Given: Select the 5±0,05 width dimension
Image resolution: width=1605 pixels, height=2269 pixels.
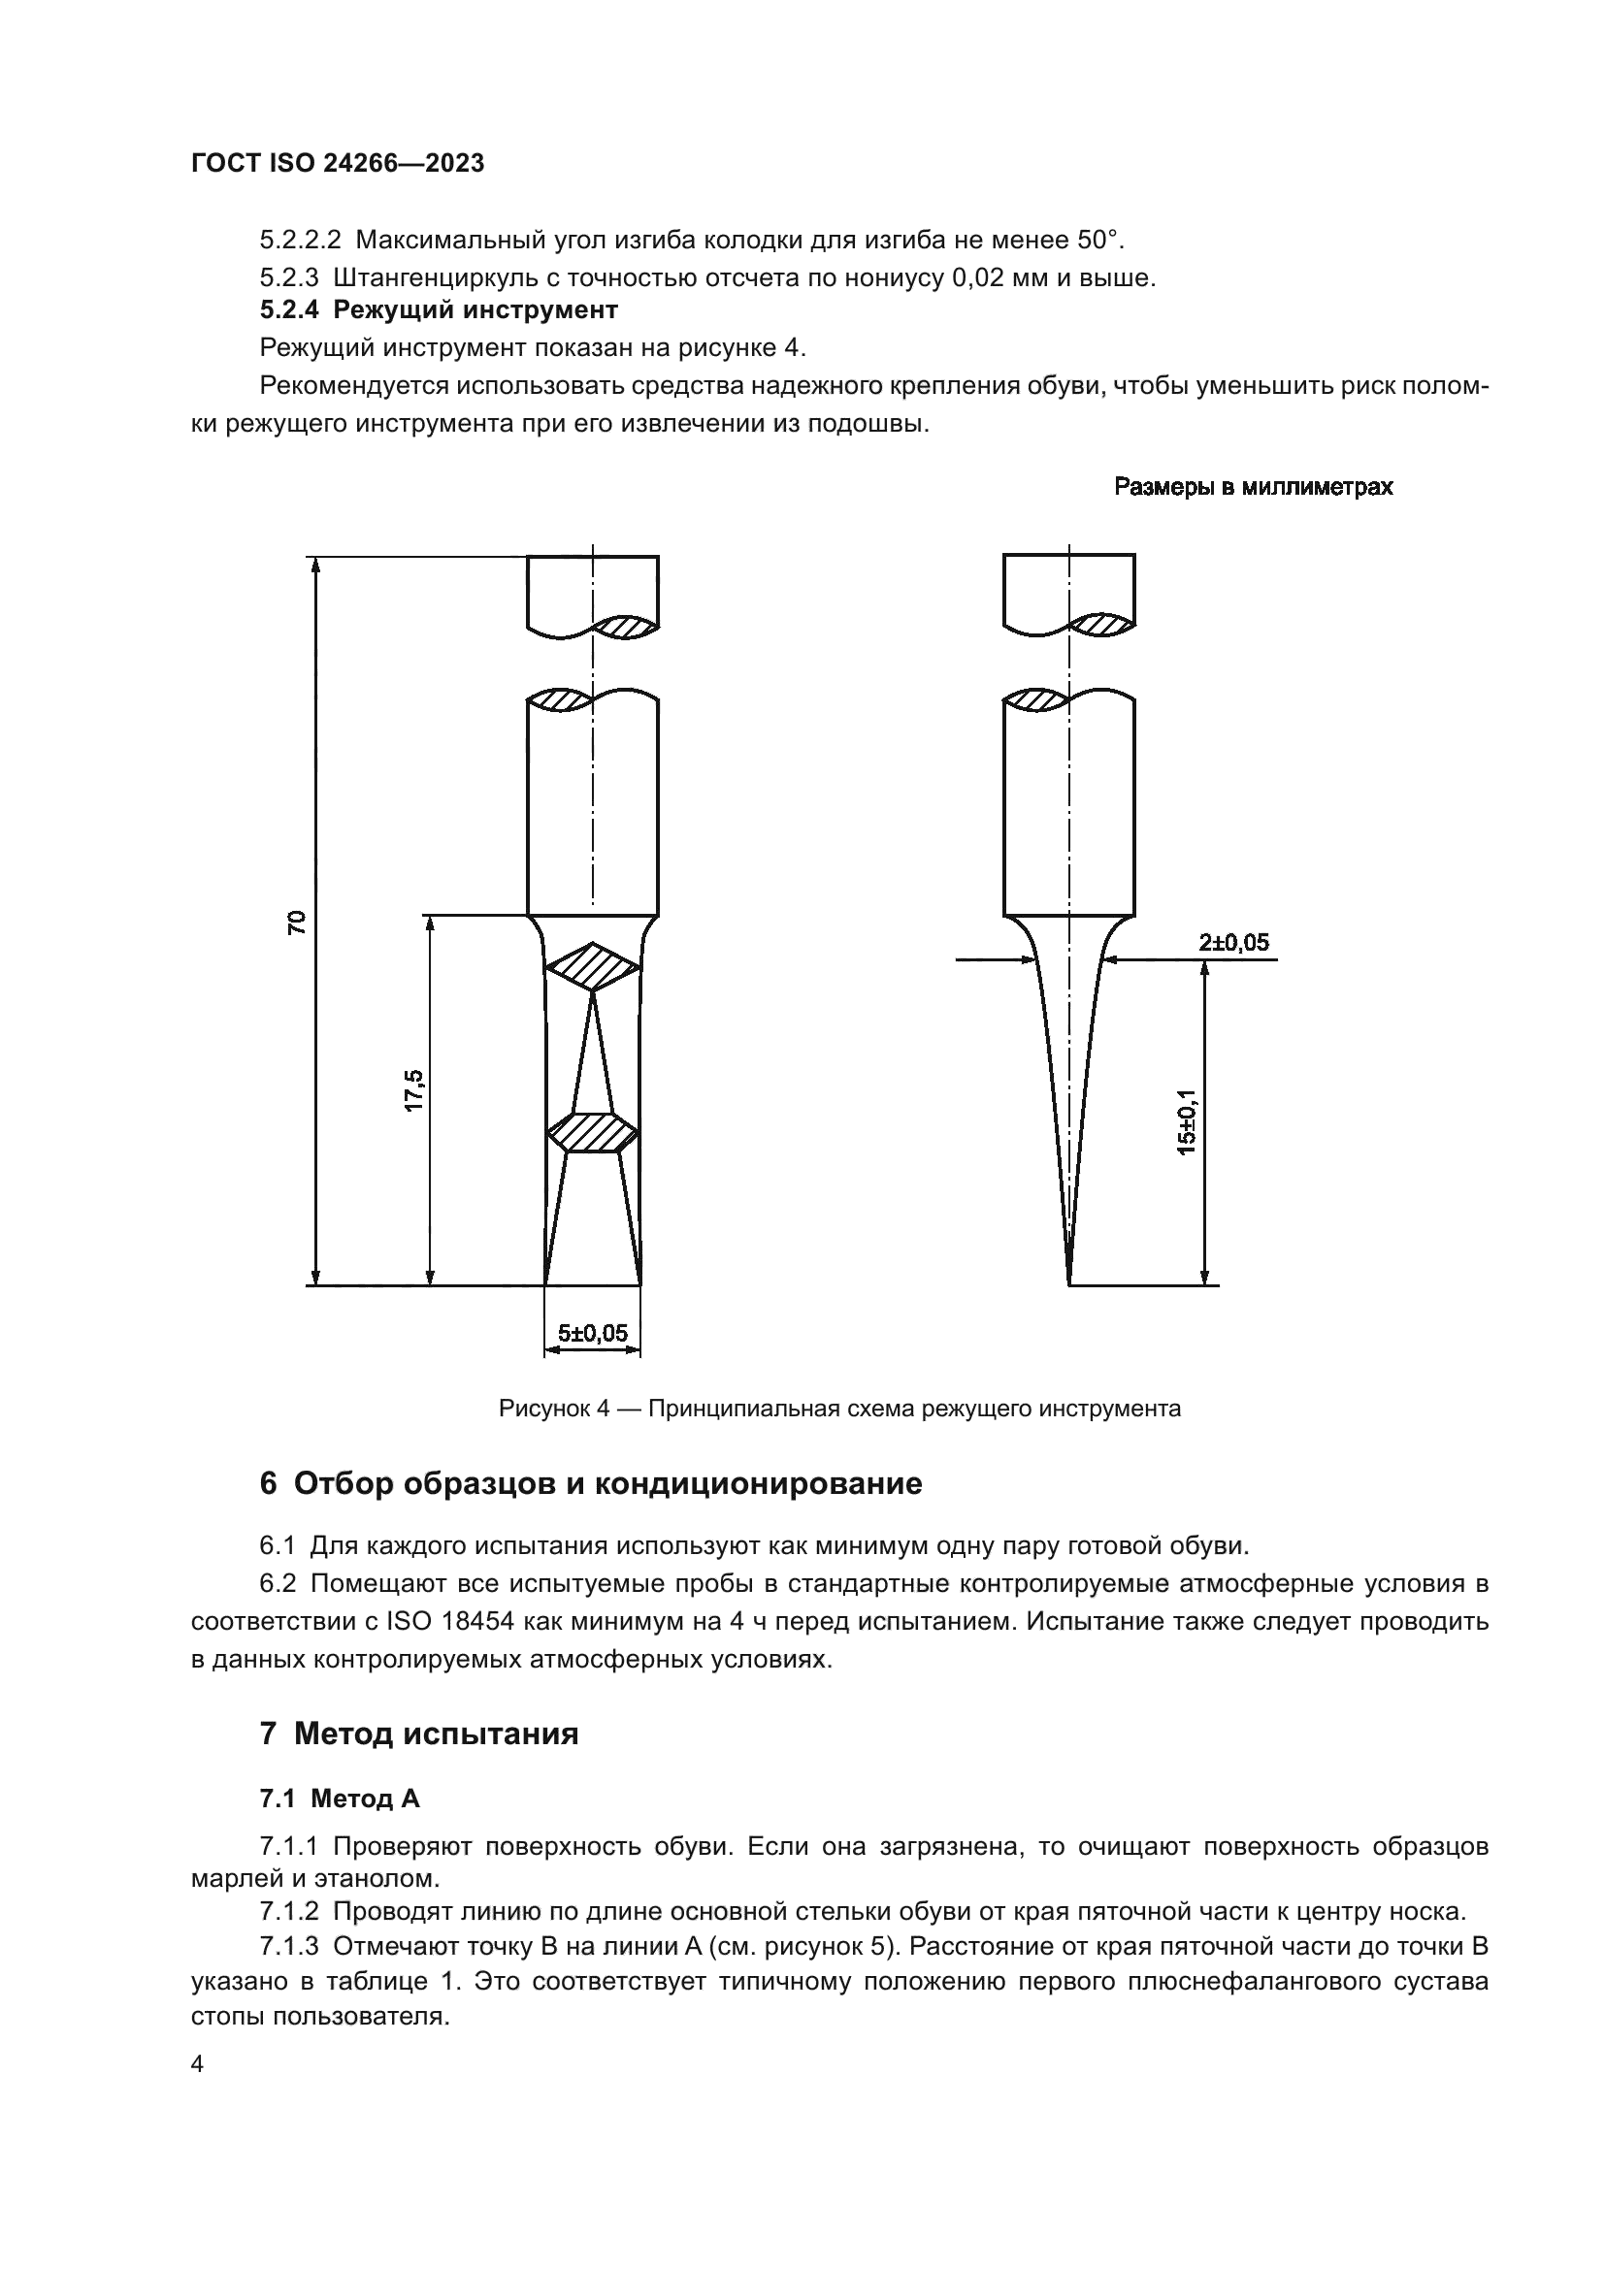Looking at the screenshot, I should (593, 1333).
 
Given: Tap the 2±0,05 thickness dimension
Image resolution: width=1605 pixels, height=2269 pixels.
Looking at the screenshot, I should (1233, 943).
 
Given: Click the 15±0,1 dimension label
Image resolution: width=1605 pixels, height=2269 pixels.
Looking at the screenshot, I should (1186, 1121).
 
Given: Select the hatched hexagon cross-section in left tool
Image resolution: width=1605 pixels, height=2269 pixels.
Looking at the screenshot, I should (593, 1132).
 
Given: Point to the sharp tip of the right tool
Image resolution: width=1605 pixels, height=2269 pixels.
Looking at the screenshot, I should (1069, 1282).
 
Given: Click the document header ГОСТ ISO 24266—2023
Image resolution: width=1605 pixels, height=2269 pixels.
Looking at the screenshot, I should (338, 164).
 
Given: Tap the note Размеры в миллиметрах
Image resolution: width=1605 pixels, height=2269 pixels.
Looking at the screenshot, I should (1253, 487).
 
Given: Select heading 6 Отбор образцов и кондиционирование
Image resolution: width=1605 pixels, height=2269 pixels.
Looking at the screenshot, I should (590, 1484).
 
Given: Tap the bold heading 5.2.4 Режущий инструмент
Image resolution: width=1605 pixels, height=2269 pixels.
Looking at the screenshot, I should (439, 310).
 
